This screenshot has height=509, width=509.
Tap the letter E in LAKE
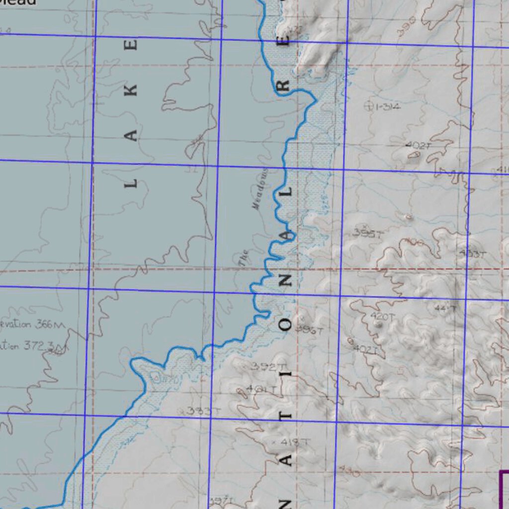[132, 45]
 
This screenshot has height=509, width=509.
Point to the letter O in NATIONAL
[287, 326]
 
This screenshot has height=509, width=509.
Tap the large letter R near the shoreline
[283, 86]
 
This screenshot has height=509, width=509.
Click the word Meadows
[260, 189]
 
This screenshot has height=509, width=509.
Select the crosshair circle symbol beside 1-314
[369, 105]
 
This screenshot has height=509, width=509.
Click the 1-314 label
[388, 106]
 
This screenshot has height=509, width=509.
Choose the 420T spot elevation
[382, 316]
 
